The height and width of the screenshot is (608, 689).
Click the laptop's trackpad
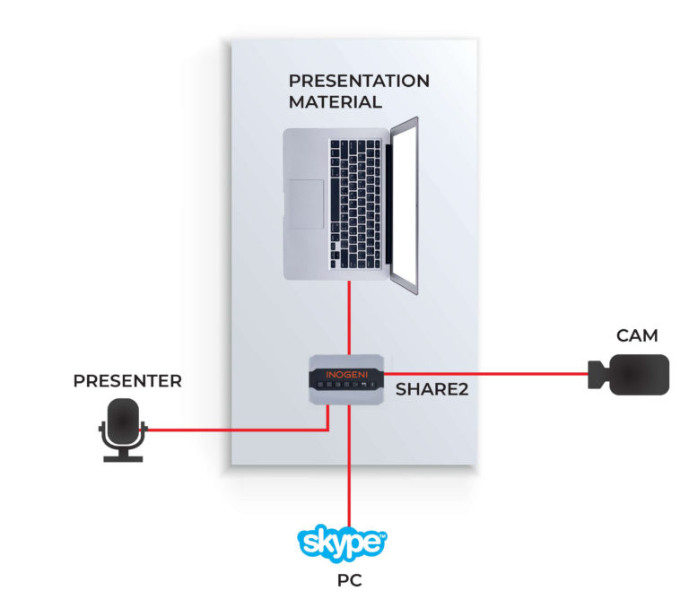(x=306, y=204)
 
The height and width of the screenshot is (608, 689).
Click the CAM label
(x=637, y=336)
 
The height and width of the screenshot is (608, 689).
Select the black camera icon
(x=633, y=374)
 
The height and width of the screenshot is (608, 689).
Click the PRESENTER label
(x=127, y=381)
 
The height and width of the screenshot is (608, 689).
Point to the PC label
(x=349, y=580)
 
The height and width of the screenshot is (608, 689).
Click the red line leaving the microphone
(x=233, y=430)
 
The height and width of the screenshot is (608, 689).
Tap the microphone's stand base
(x=122, y=458)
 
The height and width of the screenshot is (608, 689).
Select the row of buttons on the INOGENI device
(x=345, y=385)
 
